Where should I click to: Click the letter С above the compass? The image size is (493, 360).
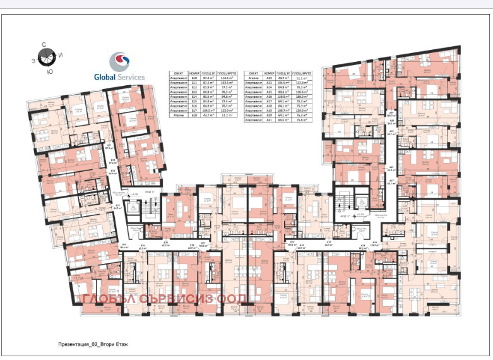pos(44,44)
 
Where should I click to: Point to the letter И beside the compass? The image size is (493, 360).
pos(60,56)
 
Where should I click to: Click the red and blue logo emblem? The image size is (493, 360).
pos(119,62)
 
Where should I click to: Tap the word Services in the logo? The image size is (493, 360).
pos(131,77)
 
